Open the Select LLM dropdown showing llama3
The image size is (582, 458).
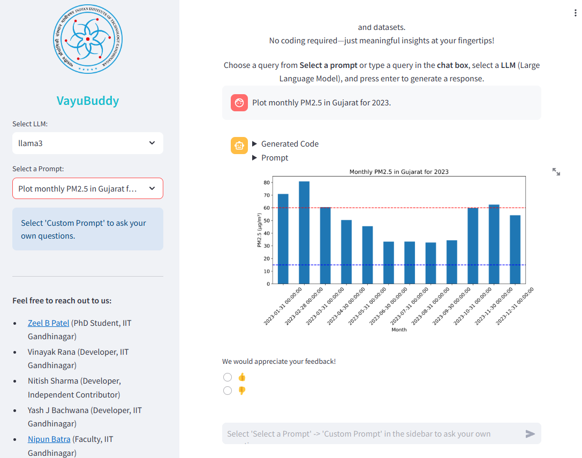point(88,143)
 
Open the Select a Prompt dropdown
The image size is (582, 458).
point(88,188)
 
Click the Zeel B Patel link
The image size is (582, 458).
point(49,323)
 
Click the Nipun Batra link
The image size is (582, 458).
point(49,439)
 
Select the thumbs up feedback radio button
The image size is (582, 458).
point(228,377)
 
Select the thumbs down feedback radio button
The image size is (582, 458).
point(228,391)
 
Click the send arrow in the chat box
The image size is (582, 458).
point(530,434)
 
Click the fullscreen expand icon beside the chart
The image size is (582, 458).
point(556,172)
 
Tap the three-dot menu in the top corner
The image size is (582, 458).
point(575,13)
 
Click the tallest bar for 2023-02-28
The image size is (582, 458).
point(304,233)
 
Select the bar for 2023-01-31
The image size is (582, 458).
point(283,239)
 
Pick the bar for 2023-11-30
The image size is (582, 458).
point(494,244)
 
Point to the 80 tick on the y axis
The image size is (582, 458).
point(266,182)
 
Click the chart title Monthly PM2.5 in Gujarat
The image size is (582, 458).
point(399,172)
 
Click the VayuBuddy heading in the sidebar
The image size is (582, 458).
point(88,101)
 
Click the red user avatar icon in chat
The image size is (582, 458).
point(239,103)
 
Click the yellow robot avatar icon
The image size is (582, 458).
point(239,145)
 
